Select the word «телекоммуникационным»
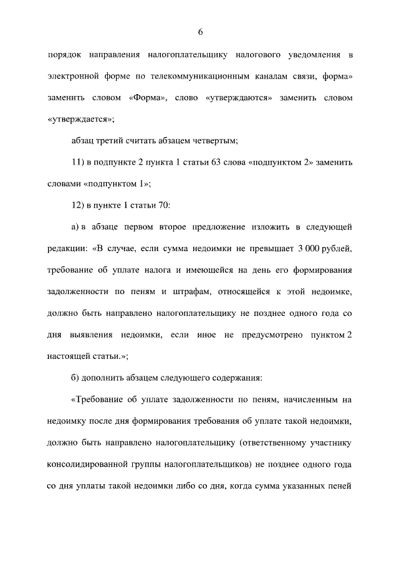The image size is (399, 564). (200, 77)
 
